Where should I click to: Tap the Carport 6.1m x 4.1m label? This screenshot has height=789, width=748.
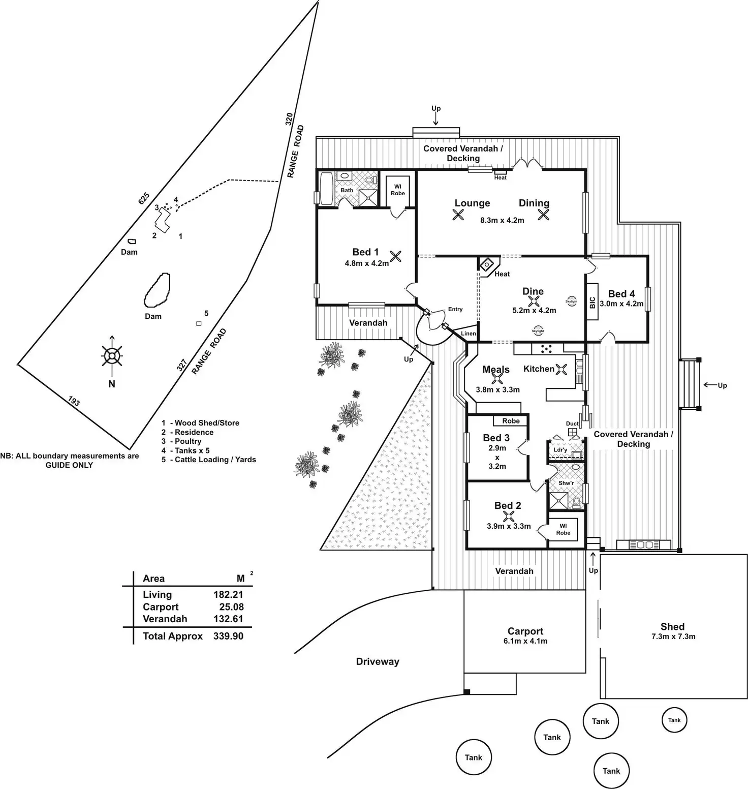tap(525, 635)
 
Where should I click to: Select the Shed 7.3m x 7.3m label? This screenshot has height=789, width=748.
tap(673, 631)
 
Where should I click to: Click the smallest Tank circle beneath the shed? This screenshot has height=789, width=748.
tap(674, 720)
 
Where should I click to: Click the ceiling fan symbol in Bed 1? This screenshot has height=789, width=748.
tap(396, 256)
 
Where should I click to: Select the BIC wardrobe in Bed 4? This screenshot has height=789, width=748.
tap(592, 302)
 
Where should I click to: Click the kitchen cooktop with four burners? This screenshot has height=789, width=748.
tap(546, 349)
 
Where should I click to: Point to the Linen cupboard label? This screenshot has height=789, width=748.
tap(469, 333)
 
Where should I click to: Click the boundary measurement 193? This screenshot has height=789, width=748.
tap(74, 402)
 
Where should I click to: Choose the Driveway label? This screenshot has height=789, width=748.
tap(378, 661)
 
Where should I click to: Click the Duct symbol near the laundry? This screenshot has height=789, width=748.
tap(573, 433)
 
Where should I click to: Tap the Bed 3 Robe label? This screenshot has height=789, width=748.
tap(511, 421)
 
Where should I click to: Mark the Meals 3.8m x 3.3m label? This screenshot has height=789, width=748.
tap(497, 379)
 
